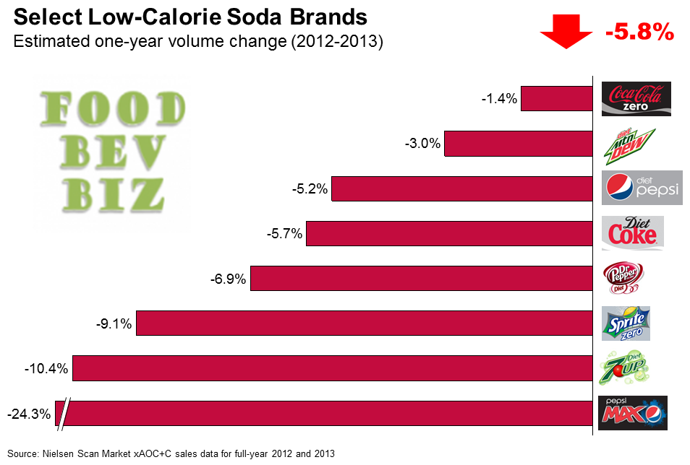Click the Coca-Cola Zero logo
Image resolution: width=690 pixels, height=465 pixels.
pyautogui.click(x=636, y=98)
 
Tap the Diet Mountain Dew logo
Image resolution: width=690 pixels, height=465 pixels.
pyautogui.click(x=629, y=143)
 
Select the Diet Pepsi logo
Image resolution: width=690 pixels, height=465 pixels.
pyautogui.click(x=642, y=188)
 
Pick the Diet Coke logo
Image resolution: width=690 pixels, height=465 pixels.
pyautogui.click(x=632, y=232)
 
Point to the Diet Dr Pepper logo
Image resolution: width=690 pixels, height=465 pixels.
pyautogui.click(x=623, y=278)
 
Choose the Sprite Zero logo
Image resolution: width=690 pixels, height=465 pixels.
pyautogui.click(x=626, y=323)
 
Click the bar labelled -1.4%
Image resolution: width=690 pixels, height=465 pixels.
pyautogui.click(x=556, y=99)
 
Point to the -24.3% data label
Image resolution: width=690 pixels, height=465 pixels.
pyautogui.click(x=29, y=414)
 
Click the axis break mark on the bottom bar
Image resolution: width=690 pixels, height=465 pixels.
pyautogui.click(x=64, y=414)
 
